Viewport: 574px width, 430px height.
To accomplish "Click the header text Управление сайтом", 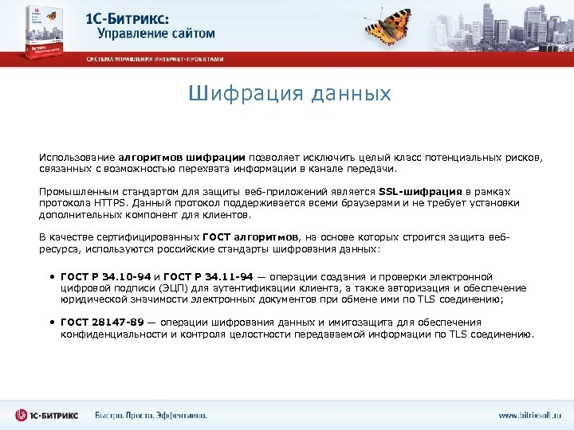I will pos(156,33).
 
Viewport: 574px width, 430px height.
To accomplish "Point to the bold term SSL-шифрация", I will pos(420,192).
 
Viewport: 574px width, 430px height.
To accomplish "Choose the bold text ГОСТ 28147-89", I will pos(102,322).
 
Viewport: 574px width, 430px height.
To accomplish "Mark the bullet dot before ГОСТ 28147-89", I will pos(50,322).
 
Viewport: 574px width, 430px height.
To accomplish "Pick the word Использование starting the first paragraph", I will pos(79,158).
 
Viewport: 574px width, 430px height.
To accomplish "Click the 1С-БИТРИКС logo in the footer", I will pos(47,416).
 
